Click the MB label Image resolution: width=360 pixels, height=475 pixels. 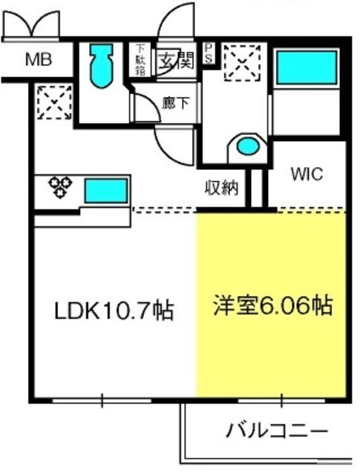[x=39, y=59]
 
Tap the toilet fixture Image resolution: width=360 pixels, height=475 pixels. [x=102, y=66]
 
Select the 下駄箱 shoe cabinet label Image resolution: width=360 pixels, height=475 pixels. [x=140, y=59]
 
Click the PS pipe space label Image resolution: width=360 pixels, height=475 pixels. [x=209, y=53]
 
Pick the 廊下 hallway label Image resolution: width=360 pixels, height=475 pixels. [x=175, y=103]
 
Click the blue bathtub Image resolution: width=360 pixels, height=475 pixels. [x=307, y=68]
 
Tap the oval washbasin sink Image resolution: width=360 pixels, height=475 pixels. [x=248, y=146]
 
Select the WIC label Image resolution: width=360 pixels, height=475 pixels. [x=307, y=174]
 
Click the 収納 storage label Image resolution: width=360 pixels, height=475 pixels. [x=222, y=188]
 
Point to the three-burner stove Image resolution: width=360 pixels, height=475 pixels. [x=60, y=187]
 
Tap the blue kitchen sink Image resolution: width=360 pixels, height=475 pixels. [x=106, y=191]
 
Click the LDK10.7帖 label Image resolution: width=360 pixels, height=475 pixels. [x=114, y=310]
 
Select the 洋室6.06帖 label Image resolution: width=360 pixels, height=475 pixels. [x=272, y=305]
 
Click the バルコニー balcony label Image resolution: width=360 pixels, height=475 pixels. [x=278, y=430]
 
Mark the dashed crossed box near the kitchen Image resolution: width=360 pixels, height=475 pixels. [x=54, y=102]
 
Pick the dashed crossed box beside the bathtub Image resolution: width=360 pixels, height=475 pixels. [x=243, y=63]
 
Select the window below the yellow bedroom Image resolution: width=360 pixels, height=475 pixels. [x=281, y=401]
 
